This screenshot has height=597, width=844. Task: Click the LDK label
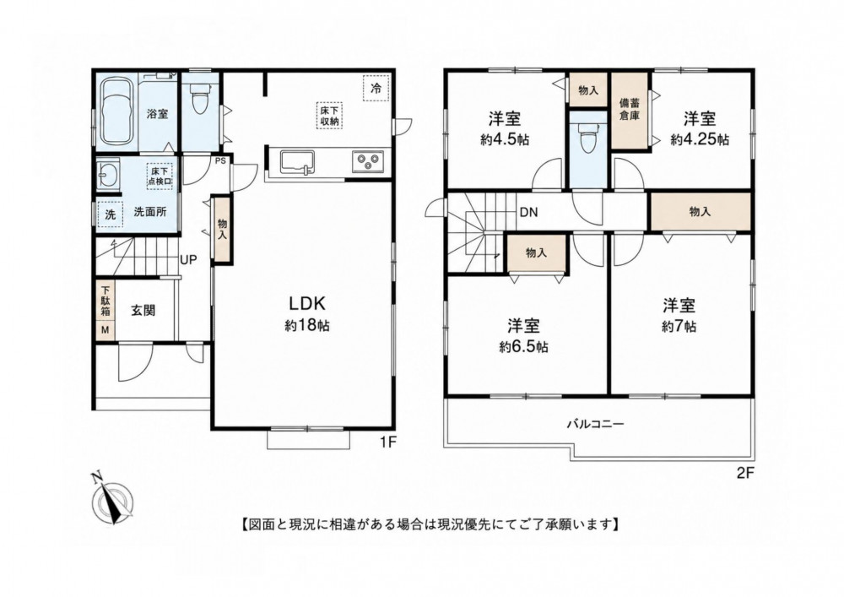(307, 304)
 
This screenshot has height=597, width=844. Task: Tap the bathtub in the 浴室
(116, 111)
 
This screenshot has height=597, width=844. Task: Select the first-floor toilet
(199, 100)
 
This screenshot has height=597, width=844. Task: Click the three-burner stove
(368, 161)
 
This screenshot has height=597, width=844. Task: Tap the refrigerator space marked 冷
(376, 89)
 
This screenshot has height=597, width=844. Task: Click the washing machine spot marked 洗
(111, 214)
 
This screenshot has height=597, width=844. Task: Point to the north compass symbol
(111, 500)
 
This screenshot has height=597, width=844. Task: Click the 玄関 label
(143, 311)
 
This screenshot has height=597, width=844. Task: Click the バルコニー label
(595, 424)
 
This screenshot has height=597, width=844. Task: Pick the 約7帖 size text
(679, 327)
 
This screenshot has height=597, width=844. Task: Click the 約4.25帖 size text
(700, 140)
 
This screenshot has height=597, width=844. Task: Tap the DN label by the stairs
(528, 213)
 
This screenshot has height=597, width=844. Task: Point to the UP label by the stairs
(188, 260)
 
